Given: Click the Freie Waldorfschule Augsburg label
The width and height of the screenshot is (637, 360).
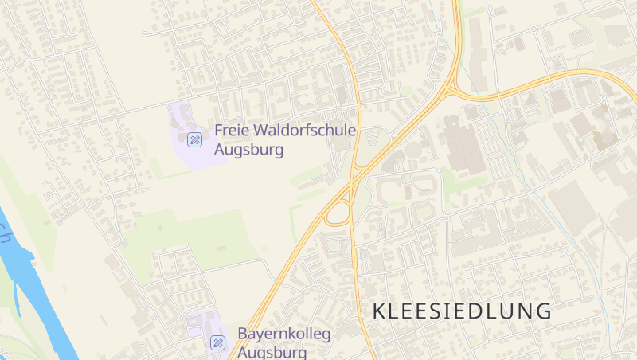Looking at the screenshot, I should tap(285, 139).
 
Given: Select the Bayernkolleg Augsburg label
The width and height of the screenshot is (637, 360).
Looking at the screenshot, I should tap(283, 342).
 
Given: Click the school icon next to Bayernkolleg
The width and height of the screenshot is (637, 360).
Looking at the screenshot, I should tap(217, 342).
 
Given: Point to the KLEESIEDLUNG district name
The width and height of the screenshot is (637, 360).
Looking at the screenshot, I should tap(461, 311).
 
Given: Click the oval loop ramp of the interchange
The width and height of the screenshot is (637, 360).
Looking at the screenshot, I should tap(338, 213).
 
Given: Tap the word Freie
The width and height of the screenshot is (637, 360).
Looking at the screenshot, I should tap(232, 131).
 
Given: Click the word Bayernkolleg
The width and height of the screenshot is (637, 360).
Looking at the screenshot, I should tap(283, 334).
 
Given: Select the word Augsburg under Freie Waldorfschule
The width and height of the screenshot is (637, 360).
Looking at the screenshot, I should tap(249, 148).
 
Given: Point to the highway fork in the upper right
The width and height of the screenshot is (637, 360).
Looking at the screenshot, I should tap(451, 88).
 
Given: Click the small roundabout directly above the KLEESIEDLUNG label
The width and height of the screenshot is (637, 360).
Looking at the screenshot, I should tap(447, 217).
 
